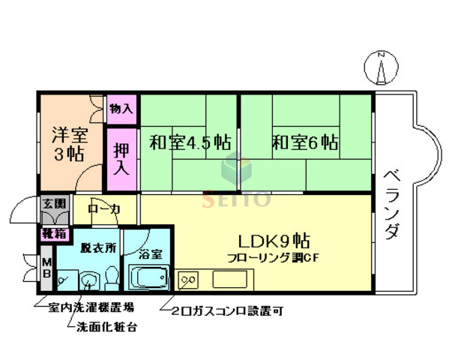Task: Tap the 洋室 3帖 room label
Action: pos(69,145)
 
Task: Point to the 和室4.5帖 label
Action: pos(189,142)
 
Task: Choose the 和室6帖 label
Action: pos(304,142)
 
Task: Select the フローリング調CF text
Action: pos(274,258)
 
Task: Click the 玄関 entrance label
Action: pos(54,203)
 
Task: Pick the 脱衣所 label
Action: pos(99,248)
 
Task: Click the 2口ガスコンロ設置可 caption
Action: pos(226,309)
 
